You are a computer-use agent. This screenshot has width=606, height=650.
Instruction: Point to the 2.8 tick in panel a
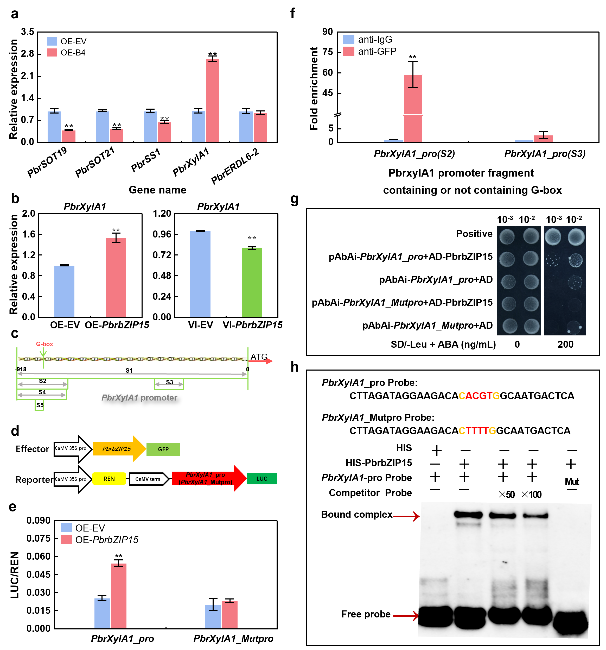[x=27, y=54]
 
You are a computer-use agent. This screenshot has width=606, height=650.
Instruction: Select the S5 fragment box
[x=40, y=405]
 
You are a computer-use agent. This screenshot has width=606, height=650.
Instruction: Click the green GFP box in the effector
[x=163, y=449]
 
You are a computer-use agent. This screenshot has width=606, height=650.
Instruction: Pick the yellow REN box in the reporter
[x=109, y=479]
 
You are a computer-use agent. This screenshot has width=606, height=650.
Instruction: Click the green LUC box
[x=262, y=479]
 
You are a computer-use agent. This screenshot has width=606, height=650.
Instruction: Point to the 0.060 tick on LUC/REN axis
[x=38, y=557]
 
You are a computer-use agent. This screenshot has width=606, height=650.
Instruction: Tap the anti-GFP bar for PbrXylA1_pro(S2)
[x=413, y=108]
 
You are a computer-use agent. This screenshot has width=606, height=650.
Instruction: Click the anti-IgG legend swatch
[x=348, y=40]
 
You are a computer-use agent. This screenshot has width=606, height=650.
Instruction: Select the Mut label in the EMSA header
[x=572, y=481]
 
